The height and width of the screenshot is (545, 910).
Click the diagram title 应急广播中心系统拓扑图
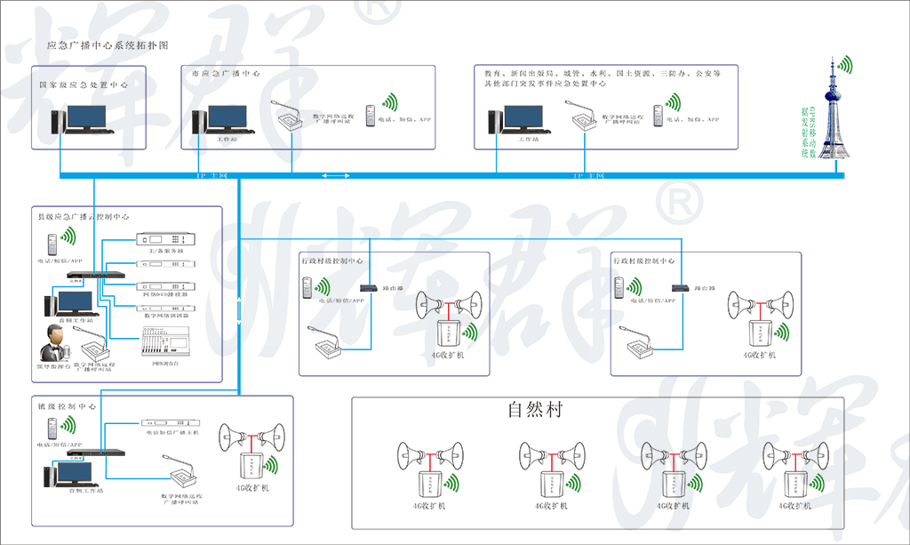pyautogui.click(x=108, y=44)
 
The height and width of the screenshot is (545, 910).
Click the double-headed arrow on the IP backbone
pyautogui.click(x=335, y=177)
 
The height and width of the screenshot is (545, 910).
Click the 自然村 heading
pyautogui.click(x=535, y=410)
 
